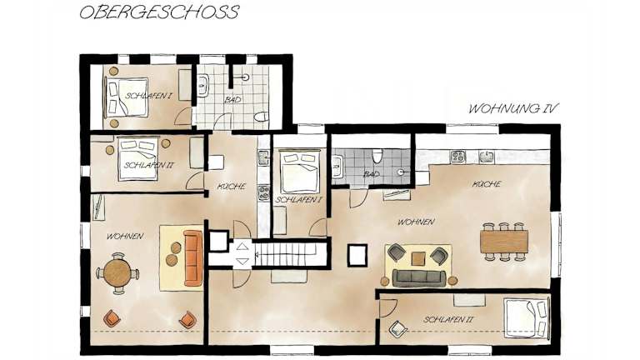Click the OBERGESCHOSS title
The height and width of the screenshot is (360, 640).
(x=159, y=12)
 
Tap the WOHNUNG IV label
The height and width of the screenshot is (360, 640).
(x=513, y=108)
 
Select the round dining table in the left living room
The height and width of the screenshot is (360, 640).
(x=117, y=273)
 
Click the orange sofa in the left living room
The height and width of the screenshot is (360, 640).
(x=193, y=258)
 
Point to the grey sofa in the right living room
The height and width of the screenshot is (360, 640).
(x=418, y=277)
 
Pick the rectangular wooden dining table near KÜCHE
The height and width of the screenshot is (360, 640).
(x=504, y=242)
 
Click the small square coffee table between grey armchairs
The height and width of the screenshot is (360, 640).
(x=418, y=258)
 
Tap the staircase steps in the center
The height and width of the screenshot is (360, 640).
(x=290, y=254)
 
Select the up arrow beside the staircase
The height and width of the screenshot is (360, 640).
(x=242, y=246)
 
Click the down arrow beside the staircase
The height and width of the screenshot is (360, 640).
(x=242, y=262)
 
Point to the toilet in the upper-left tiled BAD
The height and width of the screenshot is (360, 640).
(x=260, y=117)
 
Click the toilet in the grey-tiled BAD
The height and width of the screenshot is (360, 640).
(x=377, y=156)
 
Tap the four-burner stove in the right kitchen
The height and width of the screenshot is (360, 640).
(x=457, y=157)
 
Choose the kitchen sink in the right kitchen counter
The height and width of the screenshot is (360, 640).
(x=486, y=157)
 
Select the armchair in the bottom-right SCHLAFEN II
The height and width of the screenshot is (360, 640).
(x=397, y=329)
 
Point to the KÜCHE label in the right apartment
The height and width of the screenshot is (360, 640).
(x=487, y=184)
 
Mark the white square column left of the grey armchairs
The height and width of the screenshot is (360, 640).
(x=357, y=255)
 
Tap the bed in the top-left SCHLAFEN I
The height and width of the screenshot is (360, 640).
(x=126, y=98)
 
